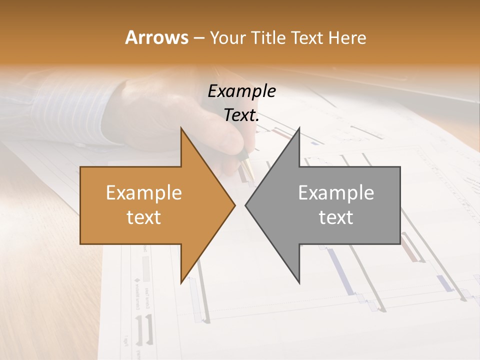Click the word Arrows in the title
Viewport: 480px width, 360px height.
156,37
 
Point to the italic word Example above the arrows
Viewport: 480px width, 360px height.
241,91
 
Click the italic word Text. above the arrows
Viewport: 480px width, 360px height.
241,115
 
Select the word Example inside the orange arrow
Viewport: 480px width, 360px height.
143,193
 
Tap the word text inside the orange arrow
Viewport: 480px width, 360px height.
143,217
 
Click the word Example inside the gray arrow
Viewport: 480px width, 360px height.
336,193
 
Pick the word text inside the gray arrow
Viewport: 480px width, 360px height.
336,217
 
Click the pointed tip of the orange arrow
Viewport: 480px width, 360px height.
235,205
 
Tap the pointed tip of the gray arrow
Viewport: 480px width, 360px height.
245,205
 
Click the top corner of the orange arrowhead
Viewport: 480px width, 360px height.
181,128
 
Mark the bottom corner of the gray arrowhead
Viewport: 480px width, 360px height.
299,283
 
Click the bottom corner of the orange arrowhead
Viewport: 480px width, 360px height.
181,283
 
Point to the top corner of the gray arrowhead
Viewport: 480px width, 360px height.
299,128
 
